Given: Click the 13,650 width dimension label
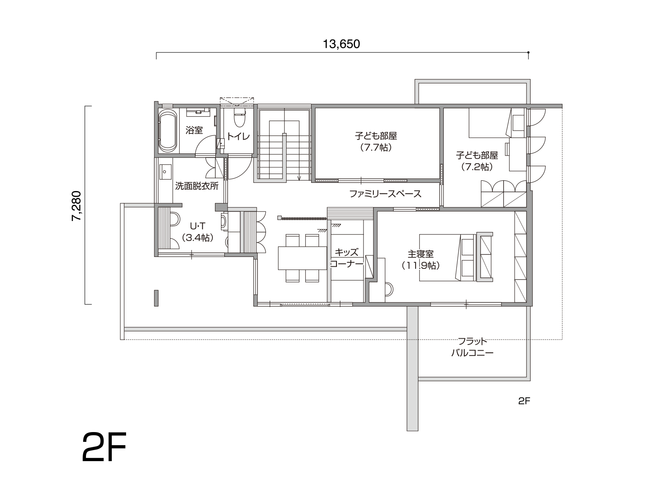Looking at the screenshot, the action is click(341, 44).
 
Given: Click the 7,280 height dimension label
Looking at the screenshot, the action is click(77, 206).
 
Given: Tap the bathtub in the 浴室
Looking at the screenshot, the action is click(167, 131).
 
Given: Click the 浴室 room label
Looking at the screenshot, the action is click(194, 130).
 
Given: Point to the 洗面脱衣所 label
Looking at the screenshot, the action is click(196, 186).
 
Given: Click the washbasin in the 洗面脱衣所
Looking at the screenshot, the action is click(165, 172).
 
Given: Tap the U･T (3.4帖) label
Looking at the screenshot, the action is click(198, 232).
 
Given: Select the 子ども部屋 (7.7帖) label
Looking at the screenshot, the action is click(376, 142).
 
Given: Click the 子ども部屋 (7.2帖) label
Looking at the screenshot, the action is click(477, 161).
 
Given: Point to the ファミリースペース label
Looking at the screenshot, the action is click(385, 194).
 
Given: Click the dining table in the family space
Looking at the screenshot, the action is click(302, 258).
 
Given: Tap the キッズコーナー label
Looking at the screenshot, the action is click(346, 258).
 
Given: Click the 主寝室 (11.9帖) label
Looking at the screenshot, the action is click(420, 260).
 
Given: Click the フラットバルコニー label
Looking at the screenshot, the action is click(472, 347).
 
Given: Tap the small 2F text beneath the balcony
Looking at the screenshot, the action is click(524, 401).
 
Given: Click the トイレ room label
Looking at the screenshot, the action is click(238, 137).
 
